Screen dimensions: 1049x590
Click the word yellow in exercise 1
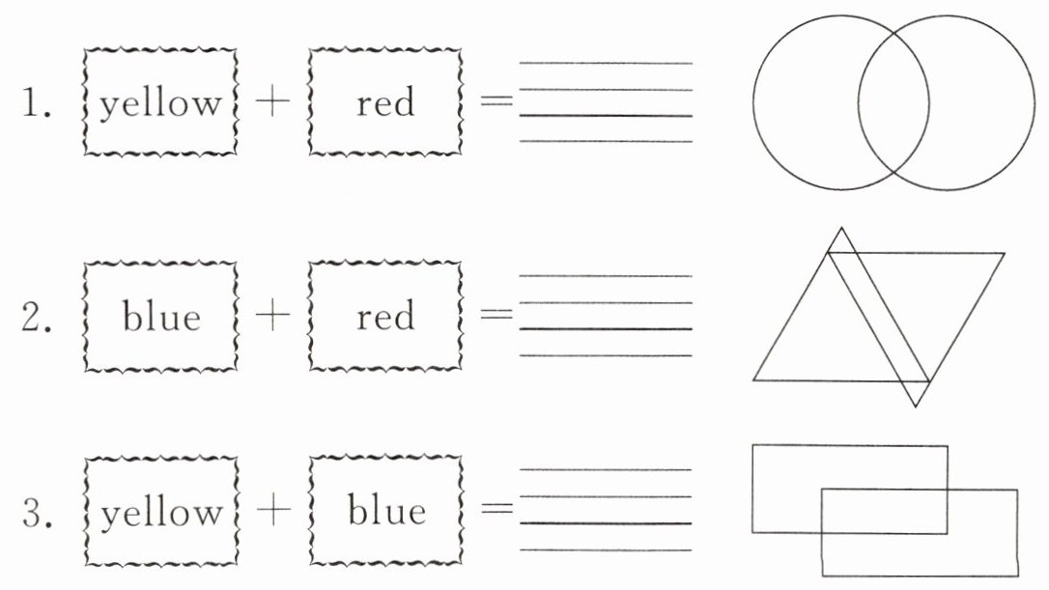[160, 102]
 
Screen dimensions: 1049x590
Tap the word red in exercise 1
[385, 102]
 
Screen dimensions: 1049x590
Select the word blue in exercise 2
[161, 316]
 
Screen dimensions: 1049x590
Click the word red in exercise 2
[385, 316]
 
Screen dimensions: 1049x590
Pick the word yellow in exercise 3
[160, 513]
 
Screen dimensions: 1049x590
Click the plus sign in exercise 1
[272, 102]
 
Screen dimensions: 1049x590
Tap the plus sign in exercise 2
[272, 317]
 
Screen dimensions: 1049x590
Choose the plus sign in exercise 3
[272, 513]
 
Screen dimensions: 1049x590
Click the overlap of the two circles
[893, 102]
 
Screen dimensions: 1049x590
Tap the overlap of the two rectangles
[884, 511]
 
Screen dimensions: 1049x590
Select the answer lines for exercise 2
[606, 316]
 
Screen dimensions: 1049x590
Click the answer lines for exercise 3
[606, 510]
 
